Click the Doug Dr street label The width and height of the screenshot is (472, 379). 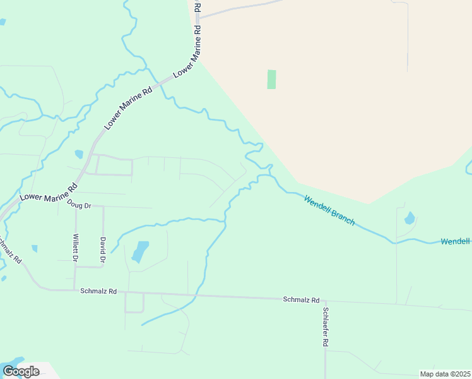coord(80,205)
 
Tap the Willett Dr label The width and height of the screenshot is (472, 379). coord(75,248)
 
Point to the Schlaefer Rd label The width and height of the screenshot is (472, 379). coord(326,326)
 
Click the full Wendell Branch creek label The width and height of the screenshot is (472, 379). coord(329,210)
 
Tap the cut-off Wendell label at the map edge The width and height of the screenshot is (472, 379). coord(455,241)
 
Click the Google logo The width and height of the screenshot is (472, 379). coord(21,371)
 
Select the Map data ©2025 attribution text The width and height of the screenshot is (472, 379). coord(445,374)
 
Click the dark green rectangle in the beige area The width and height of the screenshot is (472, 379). coord(271,79)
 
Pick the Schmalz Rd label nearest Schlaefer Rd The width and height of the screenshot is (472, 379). coord(302,300)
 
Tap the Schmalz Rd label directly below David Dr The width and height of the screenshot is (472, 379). coord(99,291)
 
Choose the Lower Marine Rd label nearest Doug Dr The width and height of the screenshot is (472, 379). coord(48,192)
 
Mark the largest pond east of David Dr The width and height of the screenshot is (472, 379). coord(140,251)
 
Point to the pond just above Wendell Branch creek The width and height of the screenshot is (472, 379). coord(410,219)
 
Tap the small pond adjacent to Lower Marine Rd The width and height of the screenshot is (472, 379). coord(79,154)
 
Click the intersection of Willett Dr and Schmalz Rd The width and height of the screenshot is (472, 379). coord(74,290)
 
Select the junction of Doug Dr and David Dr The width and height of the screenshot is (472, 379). coord(103,207)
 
